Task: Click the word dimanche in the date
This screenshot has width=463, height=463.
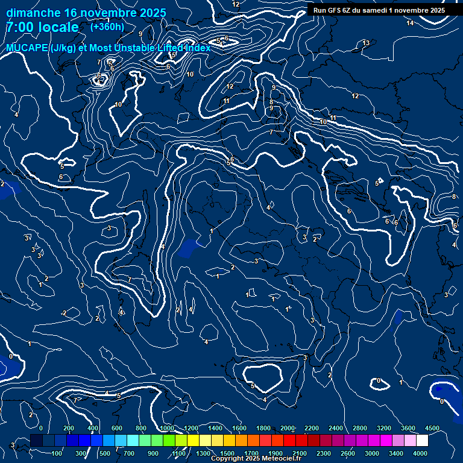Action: pyautogui.click(x=33, y=13)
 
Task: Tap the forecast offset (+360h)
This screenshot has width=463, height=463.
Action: pyautogui.click(x=107, y=27)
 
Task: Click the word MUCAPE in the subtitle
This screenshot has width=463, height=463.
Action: pyautogui.click(x=27, y=48)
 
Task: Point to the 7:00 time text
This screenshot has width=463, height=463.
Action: pyautogui.click(x=20, y=28)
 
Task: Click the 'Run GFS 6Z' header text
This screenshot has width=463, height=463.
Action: pyautogui.click(x=337, y=10)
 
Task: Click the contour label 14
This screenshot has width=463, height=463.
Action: pyautogui.click(x=410, y=23)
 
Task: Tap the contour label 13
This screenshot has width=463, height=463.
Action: pyautogui.click(x=366, y=43)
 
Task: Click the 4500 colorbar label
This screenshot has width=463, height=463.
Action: pyautogui.click(x=432, y=428)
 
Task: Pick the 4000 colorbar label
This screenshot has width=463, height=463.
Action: pyautogui.click(x=420, y=453)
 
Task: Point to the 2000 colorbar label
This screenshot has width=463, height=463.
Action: pyautogui.click(x=288, y=428)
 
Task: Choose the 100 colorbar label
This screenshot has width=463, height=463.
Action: pyautogui.click(x=57, y=453)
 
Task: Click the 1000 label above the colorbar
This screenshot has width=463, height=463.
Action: pyautogui.click(x=166, y=428)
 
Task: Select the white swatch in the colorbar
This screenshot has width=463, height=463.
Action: pyautogui.click(x=422, y=441)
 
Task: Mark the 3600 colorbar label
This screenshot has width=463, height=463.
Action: pyautogui.click(x=408, y=428)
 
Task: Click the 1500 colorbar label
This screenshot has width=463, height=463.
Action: pyautogui.click(x=227, y=453)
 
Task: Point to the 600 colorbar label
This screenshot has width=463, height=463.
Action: pyautogui.click(x=117, y=428)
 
